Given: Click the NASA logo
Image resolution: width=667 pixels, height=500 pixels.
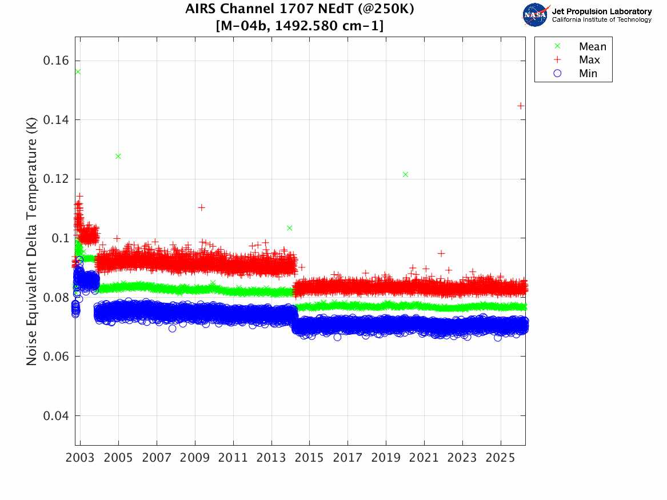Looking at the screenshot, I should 536,15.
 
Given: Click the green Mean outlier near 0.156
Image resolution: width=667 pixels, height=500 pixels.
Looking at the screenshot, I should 78,71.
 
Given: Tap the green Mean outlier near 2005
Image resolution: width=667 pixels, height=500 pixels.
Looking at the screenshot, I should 118,156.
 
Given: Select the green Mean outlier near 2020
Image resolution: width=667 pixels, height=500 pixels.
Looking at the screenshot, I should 405,174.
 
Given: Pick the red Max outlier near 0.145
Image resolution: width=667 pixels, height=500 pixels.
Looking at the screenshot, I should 520,106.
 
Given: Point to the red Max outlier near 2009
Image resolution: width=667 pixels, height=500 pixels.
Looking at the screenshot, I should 201,207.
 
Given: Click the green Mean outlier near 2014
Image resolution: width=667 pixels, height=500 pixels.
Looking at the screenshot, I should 290,228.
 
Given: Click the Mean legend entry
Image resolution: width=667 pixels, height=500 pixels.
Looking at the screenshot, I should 592,47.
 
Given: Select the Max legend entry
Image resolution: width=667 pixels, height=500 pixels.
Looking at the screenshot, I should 589,60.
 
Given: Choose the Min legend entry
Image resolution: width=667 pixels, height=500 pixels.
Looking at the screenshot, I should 588,73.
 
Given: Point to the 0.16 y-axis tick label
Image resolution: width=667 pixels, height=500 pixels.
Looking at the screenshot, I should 56,61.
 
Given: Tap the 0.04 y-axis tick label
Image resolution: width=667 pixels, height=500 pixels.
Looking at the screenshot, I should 56,415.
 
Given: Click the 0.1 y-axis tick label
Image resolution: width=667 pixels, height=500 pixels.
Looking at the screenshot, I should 59,238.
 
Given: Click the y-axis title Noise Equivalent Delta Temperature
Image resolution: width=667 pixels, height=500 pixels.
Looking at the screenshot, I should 32,243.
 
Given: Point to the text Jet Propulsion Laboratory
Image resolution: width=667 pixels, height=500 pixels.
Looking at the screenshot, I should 601,11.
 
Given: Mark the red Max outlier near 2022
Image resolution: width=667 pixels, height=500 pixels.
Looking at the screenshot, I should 441,254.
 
